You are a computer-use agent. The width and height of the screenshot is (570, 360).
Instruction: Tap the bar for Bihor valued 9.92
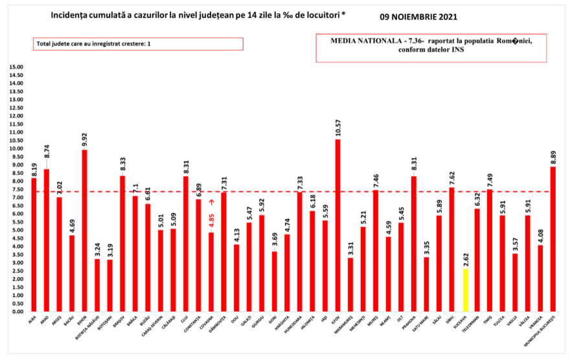click(x=84, y=231)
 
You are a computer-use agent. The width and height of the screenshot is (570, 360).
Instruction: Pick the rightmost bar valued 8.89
click(x=553, y=239)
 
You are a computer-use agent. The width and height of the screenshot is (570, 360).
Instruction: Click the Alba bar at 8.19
click(x=34, y=245)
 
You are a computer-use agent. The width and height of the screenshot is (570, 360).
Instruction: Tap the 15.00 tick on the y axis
click(x=16, y=67)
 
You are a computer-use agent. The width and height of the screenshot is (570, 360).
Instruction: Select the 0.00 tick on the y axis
click(x=17, y=311)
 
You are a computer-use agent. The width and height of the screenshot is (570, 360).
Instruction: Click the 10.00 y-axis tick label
click(x=16, y=148)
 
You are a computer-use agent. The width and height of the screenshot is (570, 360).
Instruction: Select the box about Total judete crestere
click(x=138, y=44)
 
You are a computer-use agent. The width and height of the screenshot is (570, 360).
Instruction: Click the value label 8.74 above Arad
click(x=46, y=152)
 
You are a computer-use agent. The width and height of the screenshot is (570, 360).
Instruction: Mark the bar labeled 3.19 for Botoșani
click(x=109, y=286)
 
